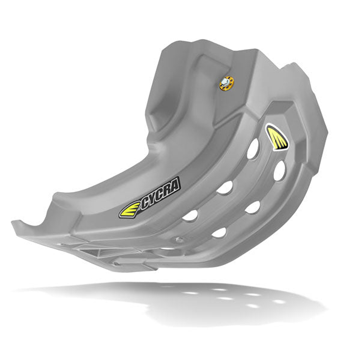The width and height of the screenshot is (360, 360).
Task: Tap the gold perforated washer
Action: click(x=227, y=83)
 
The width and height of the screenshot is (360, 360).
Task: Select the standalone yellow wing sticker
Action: click(x=277, y=137)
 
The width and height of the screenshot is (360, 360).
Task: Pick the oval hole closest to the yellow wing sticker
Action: click(x=253, y=149)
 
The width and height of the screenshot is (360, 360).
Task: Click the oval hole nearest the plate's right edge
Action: click(x=279, y=170)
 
